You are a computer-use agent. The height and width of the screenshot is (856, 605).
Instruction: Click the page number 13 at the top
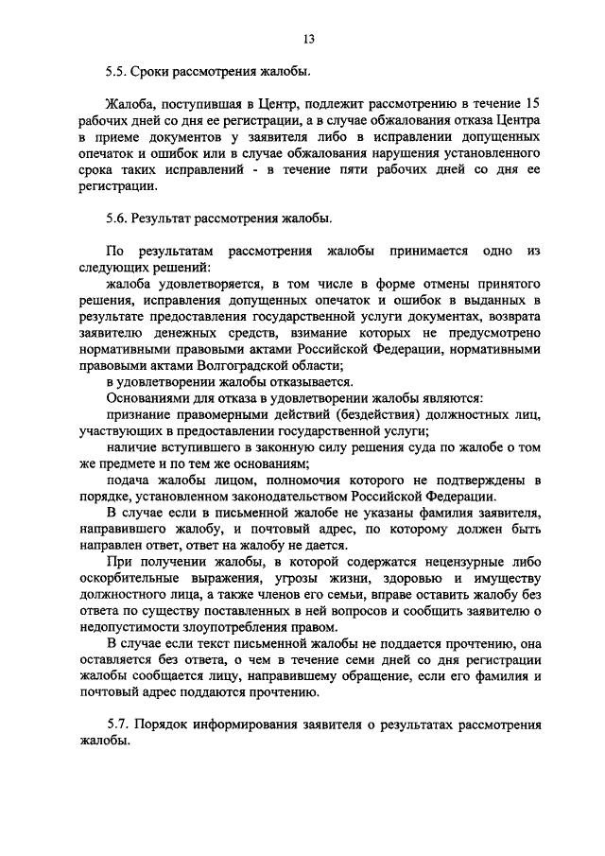click(309, 39)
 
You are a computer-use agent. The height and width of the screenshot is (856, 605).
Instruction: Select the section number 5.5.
click(117, 72)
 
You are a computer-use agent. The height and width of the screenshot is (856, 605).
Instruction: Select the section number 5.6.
click(117, 218)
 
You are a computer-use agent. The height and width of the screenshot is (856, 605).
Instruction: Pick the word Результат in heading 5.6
click(167, 218)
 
